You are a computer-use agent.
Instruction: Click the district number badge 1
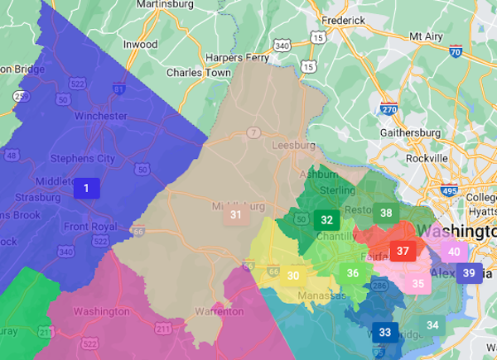coord(85,189)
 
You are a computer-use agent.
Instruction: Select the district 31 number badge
coord(236,215)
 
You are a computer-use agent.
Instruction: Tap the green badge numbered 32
coord(327,220)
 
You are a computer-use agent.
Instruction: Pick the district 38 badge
coord(386,213)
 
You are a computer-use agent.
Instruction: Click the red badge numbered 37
coord(403,251)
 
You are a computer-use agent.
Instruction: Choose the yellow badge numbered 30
coord(293,276)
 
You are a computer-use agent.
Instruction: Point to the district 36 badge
coord(353,273)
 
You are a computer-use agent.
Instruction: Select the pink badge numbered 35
coord(418,284)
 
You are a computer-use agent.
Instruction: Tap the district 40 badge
coord(454,252)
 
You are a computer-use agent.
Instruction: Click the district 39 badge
coord(469,273)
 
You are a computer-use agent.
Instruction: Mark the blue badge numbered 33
coord(384,333)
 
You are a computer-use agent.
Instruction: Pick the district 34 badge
coord(432,325)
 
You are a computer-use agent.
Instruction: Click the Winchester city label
coord(101,116)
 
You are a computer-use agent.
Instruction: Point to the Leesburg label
coord(291,146)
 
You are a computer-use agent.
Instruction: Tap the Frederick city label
coord(345,19)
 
